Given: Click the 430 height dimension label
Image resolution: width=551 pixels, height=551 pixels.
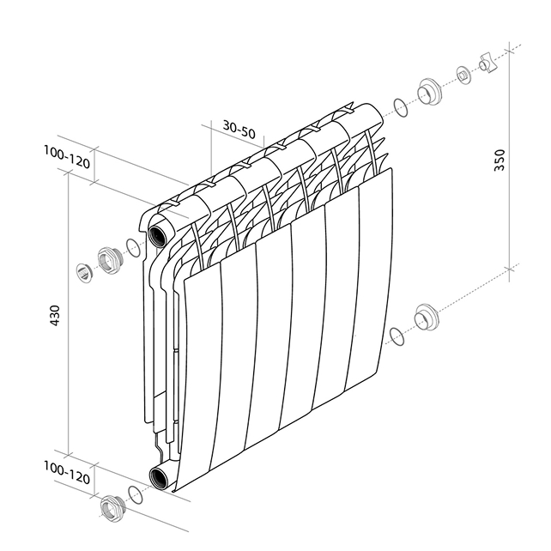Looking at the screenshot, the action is coord(56,315).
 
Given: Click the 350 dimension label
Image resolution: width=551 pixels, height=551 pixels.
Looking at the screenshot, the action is coord(500,160).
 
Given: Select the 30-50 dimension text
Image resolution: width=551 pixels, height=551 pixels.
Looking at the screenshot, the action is coord(239,130).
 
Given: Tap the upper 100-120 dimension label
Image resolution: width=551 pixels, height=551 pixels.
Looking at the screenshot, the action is coord(67,157).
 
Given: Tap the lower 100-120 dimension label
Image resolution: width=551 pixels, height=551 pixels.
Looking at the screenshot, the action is coord(67,473).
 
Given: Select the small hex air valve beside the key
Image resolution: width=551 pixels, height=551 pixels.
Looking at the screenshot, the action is coord(463,76).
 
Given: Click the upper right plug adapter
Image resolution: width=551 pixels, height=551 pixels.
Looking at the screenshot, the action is coord(429,91).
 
